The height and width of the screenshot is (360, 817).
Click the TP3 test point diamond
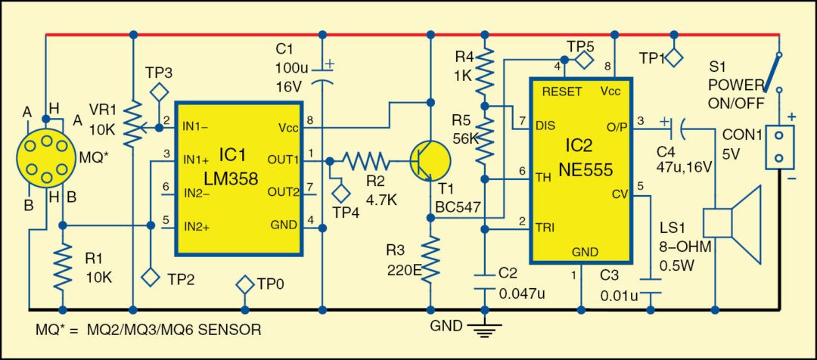coord(159,93)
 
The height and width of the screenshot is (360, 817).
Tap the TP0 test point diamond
coord(244,285)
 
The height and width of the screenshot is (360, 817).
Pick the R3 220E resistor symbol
coord(430,258)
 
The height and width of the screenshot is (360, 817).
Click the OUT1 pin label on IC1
coord(283,160)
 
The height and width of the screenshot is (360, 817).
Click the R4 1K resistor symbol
coord(485,71)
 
